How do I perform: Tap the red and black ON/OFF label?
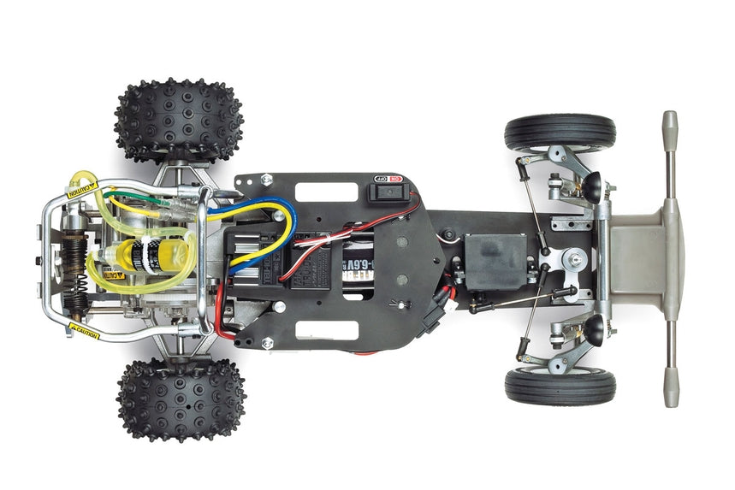(x=386, y=180)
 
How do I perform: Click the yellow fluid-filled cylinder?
(x=145, y=255)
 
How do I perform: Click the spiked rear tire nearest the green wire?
(x=178, y=120)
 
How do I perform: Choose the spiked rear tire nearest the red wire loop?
(x=181, y=399)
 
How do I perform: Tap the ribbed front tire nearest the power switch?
(x=560, y=133)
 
